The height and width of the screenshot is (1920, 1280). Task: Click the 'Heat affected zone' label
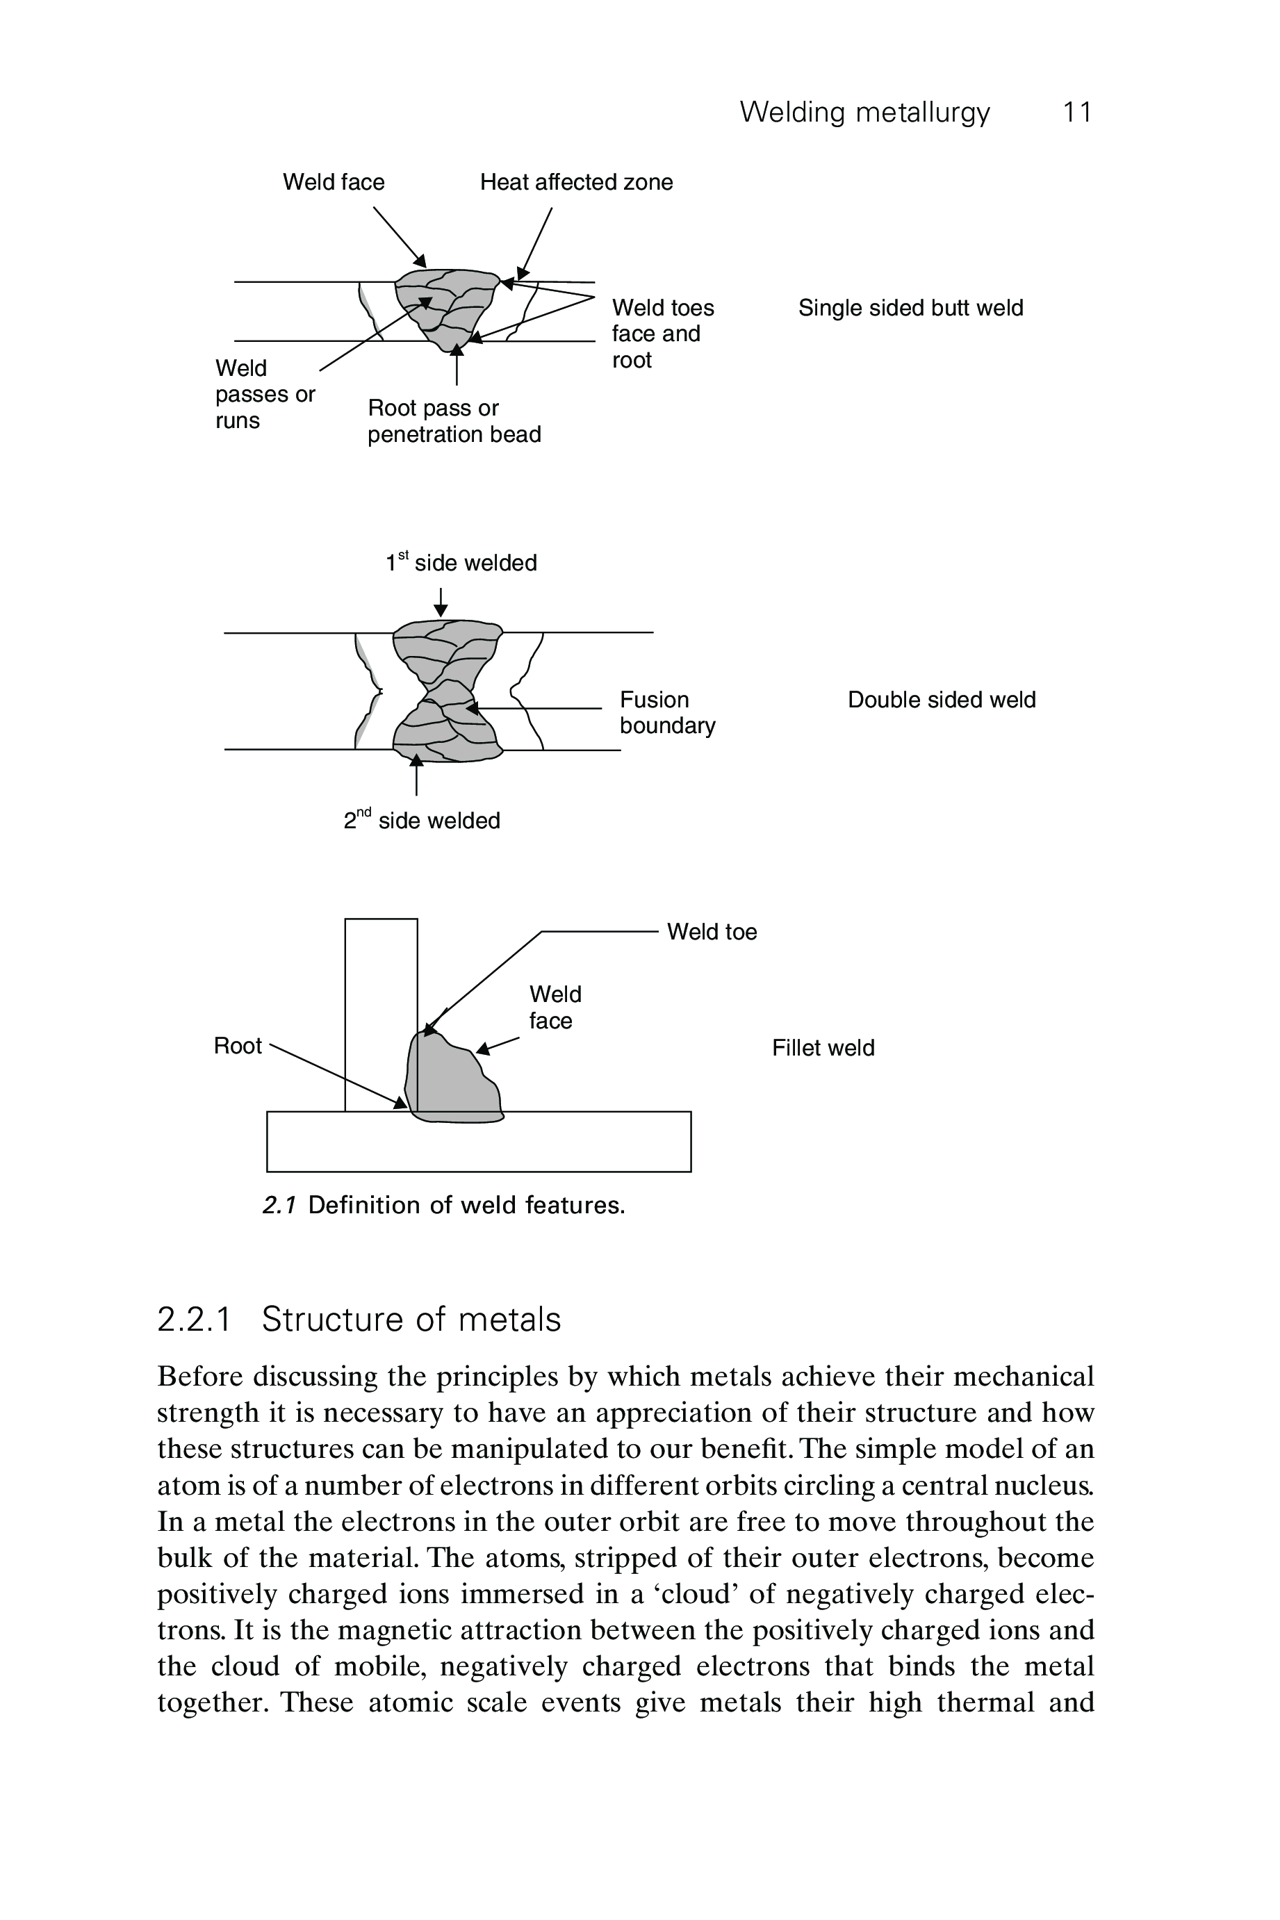click(x=575, y=182)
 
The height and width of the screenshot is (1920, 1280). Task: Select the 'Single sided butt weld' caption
click(x=910, y=308)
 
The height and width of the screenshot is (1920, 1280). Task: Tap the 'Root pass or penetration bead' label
click(x=453, y=421)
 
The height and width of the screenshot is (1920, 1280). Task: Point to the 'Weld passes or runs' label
click(x=265, y=394)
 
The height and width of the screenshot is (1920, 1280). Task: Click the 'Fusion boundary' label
click(x=666, y=713)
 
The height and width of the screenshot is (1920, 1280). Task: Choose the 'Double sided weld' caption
click(x=941, y=700)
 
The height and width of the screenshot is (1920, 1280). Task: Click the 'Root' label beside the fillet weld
click(x=238, y=1046)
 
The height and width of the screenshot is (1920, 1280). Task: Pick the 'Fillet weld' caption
click(x=823, y=1047)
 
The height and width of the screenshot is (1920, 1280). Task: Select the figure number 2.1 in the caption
click(x=279, y=1205)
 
